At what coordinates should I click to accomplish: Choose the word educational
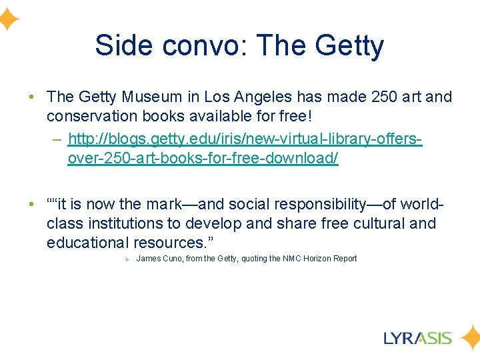coord(87,243)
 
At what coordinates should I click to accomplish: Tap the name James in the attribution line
coord(148,259)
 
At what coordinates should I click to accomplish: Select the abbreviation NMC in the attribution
coord(293,259)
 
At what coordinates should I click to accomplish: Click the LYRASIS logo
coord(418,338)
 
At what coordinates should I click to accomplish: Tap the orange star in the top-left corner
coord(7,20)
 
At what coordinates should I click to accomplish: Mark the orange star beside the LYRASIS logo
coord(471,338)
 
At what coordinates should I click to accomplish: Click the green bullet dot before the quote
coord(31,204)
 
